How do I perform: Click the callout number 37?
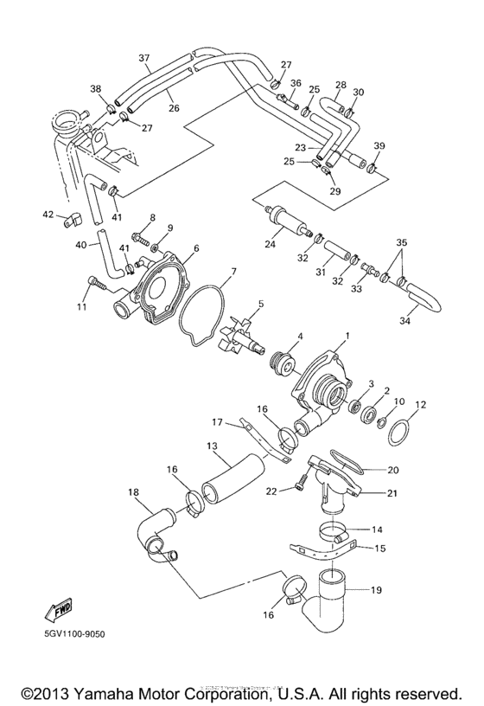point(144,58)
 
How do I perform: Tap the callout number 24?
point(271,244)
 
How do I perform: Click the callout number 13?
point(210,446)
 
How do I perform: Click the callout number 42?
point(48,214)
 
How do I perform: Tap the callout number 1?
point(347,334)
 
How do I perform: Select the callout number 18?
point(133,492)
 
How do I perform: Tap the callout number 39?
point(379,145)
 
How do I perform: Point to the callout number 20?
point(392,470)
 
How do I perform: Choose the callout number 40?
point(80,245)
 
